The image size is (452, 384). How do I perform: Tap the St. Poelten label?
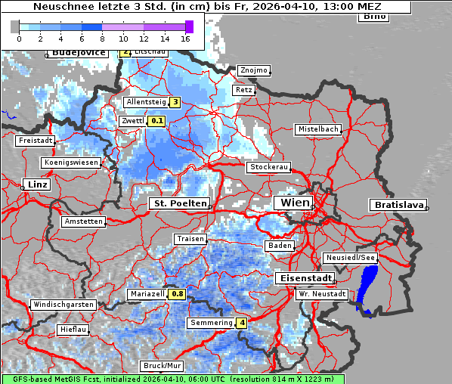(x=178, y=203)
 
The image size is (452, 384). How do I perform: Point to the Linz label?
(x=36, y=184)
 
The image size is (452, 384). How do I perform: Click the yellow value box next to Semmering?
(x=242, y=323)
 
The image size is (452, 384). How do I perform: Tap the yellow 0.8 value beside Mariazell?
(x=178, y=293)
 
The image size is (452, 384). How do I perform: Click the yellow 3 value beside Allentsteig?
(x=175, y=102)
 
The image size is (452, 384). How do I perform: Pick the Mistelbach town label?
(x=318, y=129)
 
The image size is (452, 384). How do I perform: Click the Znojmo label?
(x=253, y=70)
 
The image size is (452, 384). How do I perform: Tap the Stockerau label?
(x=268, y=167)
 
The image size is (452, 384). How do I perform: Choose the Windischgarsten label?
(x=63, y=305)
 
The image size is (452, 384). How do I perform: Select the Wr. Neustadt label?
(x=322, y=293)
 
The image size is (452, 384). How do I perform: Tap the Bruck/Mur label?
(x=163, y=366)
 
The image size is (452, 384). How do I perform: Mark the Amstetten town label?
(x=83, y=221)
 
